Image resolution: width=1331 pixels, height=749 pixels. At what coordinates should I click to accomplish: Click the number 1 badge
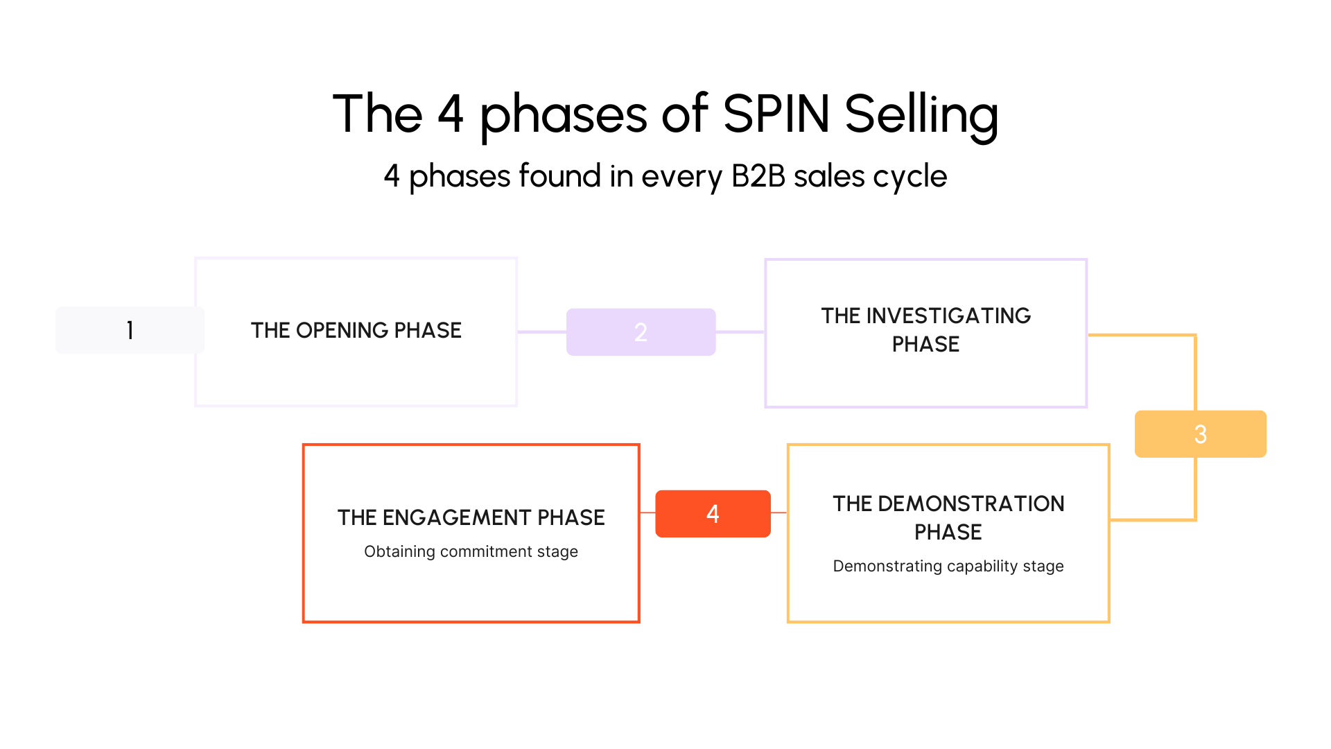130,330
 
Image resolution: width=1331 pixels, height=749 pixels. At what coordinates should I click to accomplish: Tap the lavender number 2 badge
641,332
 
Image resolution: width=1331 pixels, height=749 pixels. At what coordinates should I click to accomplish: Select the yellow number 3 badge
1200,434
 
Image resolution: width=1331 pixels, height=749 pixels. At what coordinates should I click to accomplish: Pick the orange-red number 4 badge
713,514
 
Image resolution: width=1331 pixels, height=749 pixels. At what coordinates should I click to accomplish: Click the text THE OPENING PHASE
356,330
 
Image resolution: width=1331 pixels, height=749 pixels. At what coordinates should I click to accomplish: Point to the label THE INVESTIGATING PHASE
925,330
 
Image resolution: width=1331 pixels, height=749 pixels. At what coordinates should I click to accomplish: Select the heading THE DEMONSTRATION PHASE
948,517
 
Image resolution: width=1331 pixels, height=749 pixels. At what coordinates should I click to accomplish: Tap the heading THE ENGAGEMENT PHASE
471,517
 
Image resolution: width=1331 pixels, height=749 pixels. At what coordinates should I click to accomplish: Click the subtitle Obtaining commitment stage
471,551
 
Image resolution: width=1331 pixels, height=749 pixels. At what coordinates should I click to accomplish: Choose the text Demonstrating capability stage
948,566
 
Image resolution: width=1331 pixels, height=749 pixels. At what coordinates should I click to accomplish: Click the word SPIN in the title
776,114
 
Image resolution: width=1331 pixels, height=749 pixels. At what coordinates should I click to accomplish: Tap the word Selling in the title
921,115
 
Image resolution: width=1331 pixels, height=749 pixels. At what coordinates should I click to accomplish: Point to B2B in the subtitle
758,176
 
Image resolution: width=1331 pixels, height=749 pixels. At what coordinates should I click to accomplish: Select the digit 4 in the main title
451,114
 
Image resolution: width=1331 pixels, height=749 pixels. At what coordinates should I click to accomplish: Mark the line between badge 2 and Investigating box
740,332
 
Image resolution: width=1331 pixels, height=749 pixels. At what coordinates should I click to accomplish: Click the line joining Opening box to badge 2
542,332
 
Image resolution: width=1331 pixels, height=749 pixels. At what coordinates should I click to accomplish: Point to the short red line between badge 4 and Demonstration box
778,513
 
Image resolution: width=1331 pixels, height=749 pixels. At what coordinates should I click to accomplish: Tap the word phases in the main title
563,115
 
